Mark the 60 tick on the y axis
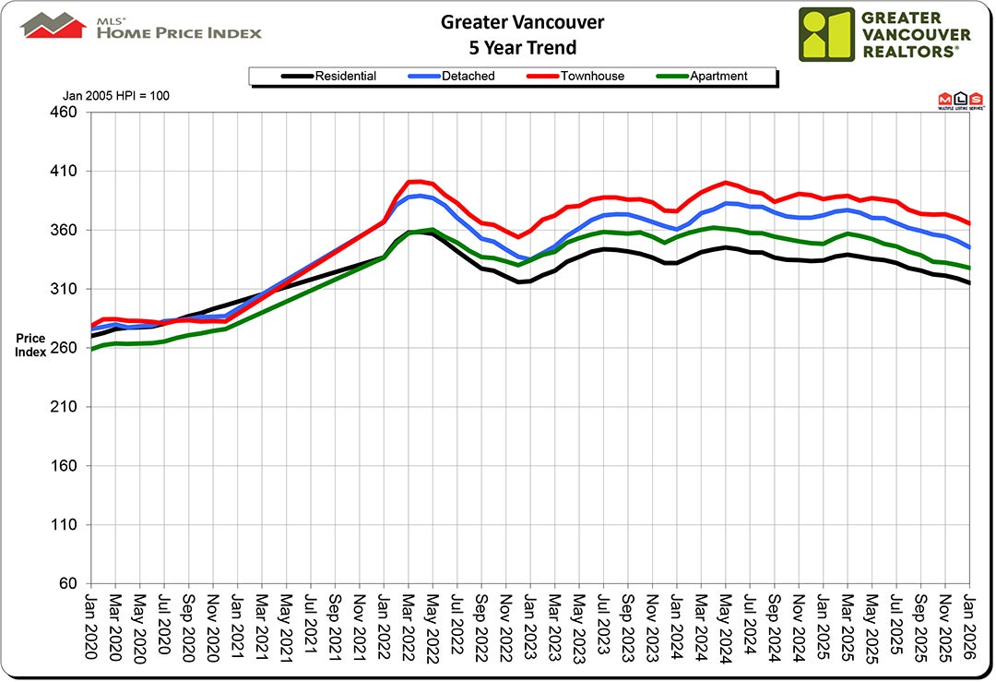tap(73, 584)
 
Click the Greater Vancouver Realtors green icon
tap(826, 34)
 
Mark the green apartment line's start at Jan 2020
tap(91, 350)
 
